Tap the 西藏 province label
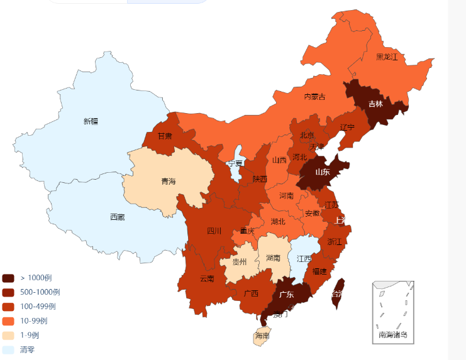[117, 217]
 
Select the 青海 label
[168, 182]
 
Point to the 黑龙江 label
[387, 57]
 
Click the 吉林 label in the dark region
[375, 104]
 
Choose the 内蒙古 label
[314, 97]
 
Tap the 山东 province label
[322, 172]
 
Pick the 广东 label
[286, 295]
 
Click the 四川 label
[214, 231]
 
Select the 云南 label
[207, 279]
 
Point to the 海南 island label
[262, 336]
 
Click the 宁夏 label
[235, 163]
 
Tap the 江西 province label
[304, 259]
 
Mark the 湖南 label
[273, 258]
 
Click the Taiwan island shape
[338, 293]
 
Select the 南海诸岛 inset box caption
[392, 335]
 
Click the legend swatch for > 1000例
[8, 278]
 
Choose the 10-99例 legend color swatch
[8, 321]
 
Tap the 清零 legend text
[27, 349]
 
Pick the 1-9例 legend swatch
[8, 335]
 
